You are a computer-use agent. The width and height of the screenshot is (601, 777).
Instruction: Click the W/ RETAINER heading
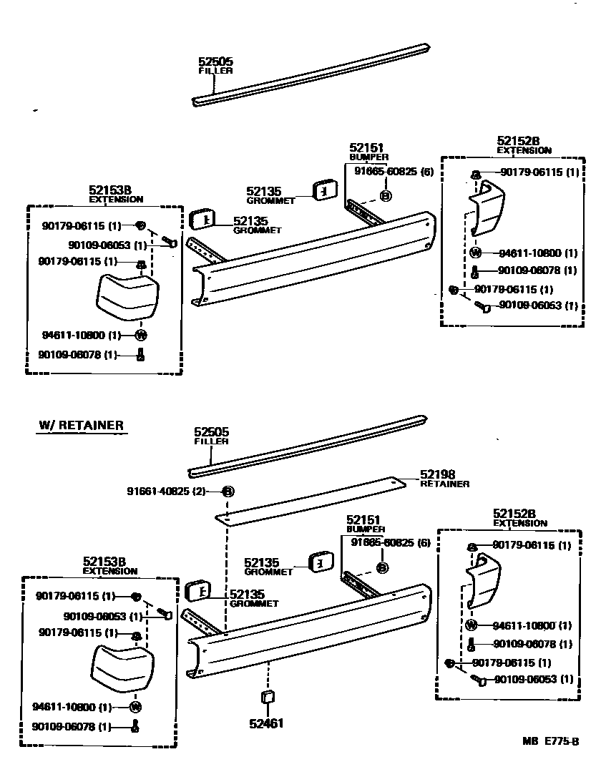[x=81, y=426]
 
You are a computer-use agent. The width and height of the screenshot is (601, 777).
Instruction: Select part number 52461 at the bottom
[x=267, y=723]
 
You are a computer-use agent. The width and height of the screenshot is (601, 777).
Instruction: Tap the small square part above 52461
[x=267, y=698]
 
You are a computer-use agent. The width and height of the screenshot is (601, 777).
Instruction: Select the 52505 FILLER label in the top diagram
[x=215, y=66]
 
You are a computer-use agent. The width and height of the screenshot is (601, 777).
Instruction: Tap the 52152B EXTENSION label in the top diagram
[x=523, y=145]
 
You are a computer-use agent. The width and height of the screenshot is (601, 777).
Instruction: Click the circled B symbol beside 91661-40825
[x=228, y=492]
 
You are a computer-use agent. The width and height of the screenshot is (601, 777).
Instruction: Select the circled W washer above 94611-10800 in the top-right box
[x=477, y=252]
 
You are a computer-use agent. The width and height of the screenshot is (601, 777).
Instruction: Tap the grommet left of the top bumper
[x=202, y=220]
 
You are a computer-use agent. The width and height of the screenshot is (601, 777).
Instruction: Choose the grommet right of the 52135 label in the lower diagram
[x=321, y=563]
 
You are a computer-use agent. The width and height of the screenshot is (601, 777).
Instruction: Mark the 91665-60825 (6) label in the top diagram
[x=394, y=172]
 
